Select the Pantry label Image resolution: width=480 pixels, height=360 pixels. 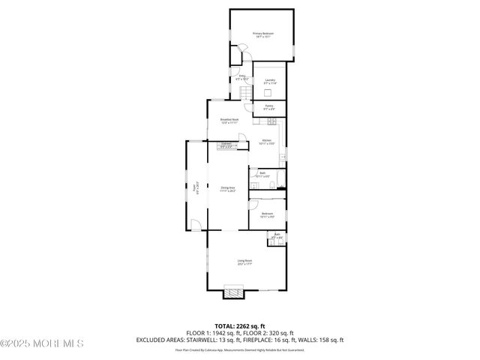(268, 107)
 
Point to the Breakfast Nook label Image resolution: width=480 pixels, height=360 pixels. (229, 121)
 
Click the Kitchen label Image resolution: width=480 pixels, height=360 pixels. (266, 142)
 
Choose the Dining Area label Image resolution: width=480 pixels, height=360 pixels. (228, 189)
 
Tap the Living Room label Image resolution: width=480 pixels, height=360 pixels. (244, 262)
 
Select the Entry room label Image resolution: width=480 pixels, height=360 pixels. (243, 77)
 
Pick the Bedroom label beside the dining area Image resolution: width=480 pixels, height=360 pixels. (268, 215)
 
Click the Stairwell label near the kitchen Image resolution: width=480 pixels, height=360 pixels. (226, 145)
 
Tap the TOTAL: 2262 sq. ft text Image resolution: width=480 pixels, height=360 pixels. (239, 325)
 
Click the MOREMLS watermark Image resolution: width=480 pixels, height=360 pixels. (41, 343)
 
